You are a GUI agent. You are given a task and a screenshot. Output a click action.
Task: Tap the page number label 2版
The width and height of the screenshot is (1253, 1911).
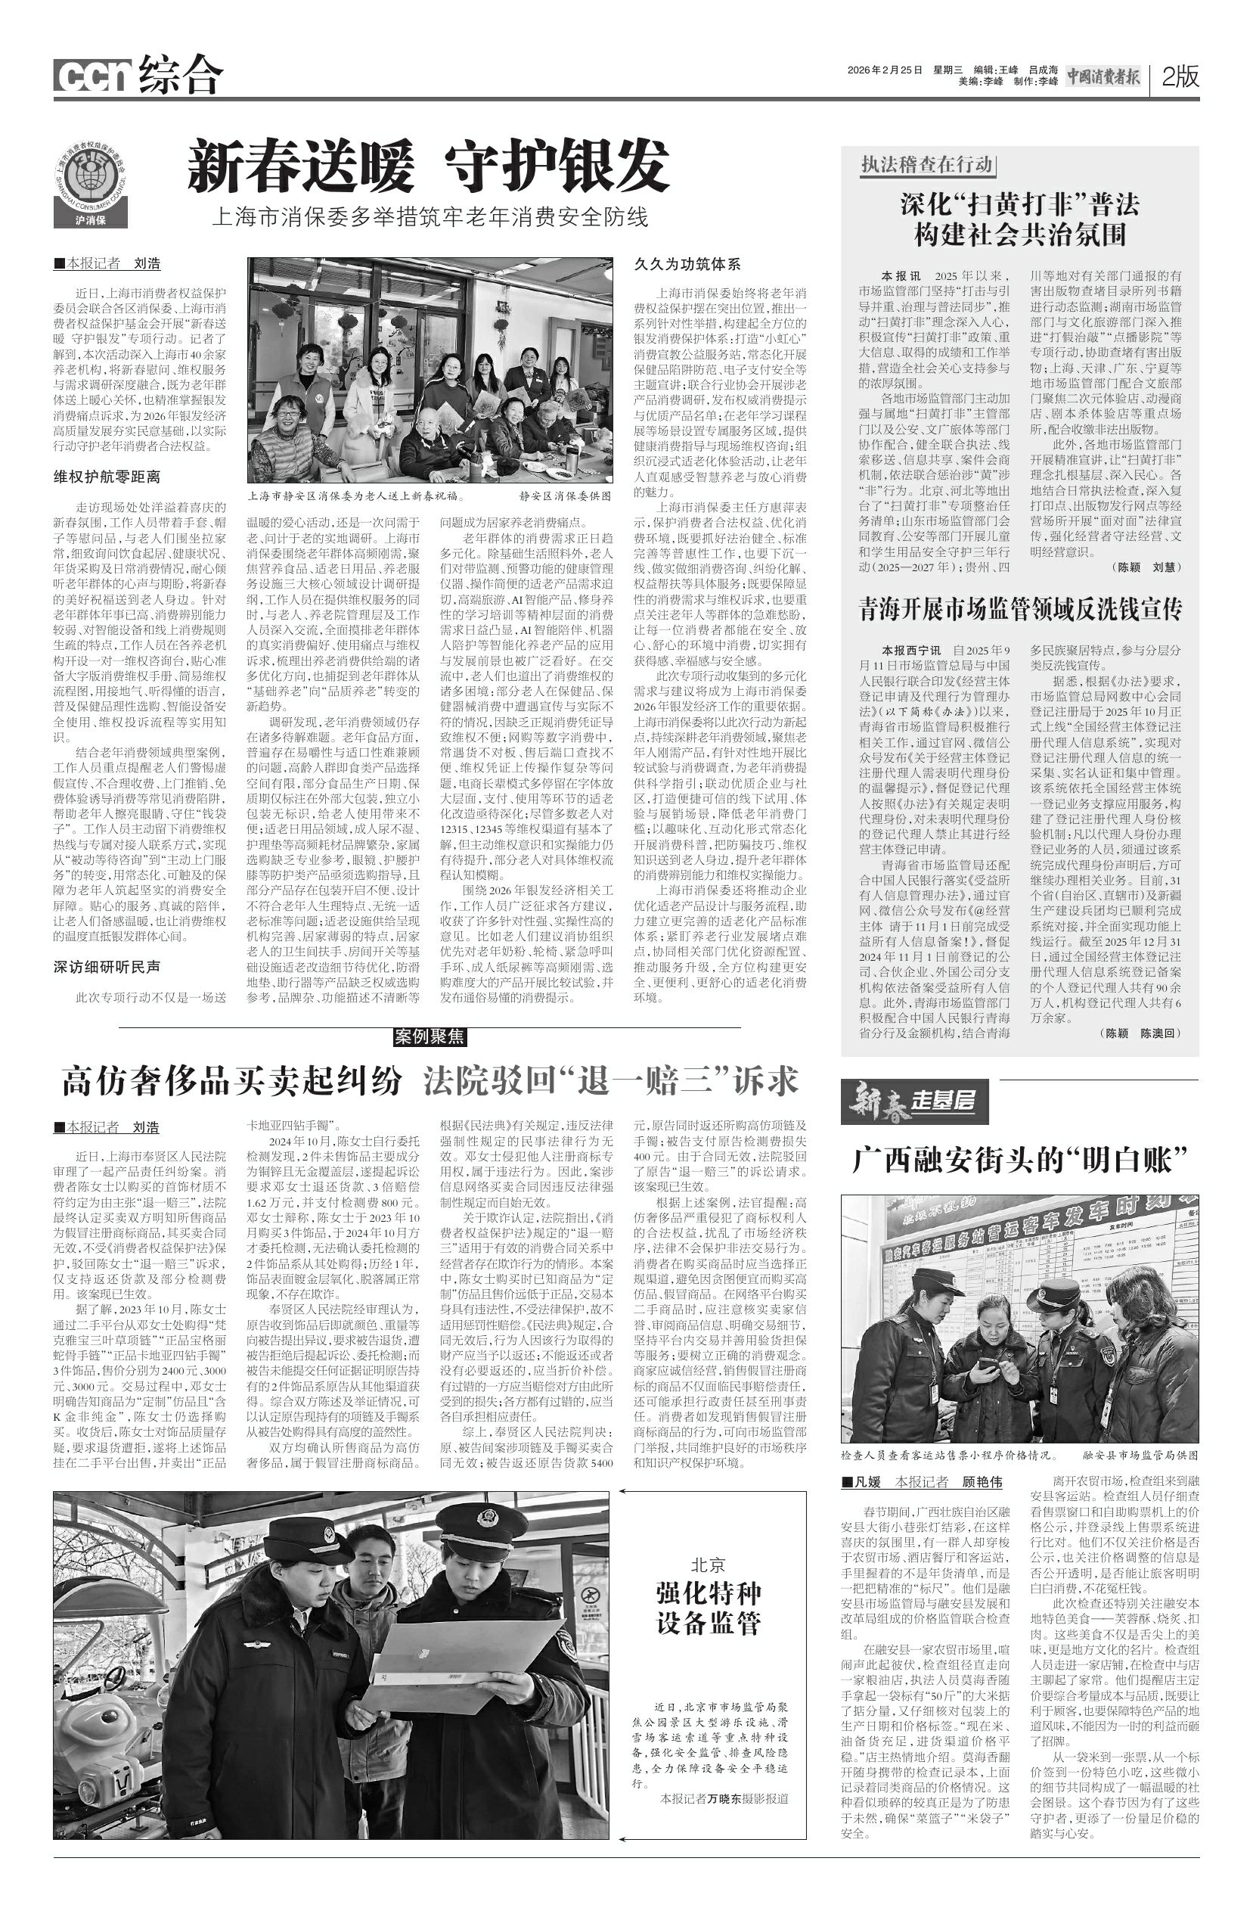(x=1179, y=76)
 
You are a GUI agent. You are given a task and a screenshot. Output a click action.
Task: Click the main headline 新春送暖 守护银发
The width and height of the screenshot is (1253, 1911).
(x=428, y=165)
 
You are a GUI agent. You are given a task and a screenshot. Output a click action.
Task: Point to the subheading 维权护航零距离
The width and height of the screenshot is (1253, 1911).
(x=107, y=477)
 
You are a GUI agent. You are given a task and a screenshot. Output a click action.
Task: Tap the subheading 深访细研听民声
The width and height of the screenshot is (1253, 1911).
(x=107, y=968)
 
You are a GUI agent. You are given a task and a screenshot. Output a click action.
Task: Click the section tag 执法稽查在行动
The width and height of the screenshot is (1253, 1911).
(x=926, y=166)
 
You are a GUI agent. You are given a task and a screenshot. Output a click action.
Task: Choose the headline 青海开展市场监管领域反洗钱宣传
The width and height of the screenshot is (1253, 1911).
(x=1019, y=610)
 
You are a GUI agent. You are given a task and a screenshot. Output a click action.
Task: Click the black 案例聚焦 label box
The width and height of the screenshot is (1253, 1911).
(x=430, y=1036)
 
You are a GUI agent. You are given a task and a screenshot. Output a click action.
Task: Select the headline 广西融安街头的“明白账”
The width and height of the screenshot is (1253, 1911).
(x=1019, y=1160)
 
